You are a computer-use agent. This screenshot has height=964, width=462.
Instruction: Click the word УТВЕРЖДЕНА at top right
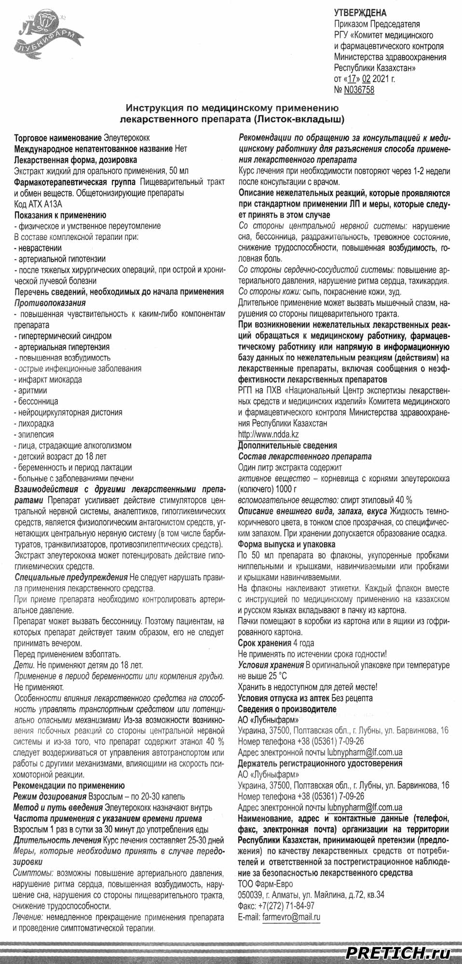pos(360,13)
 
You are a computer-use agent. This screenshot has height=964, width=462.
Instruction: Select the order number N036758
pos(359,90)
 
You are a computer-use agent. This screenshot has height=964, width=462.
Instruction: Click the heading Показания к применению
pos(60,215)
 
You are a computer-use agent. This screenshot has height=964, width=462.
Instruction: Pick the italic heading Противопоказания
pos(50,303)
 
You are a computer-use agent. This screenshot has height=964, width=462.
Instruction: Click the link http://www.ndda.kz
pos(269,434)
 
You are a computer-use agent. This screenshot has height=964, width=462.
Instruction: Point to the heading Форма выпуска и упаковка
pos(286,544)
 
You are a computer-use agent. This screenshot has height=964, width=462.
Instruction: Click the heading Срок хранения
pos(264,643)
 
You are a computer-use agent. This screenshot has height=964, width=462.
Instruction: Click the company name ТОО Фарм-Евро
pos(265,884)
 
